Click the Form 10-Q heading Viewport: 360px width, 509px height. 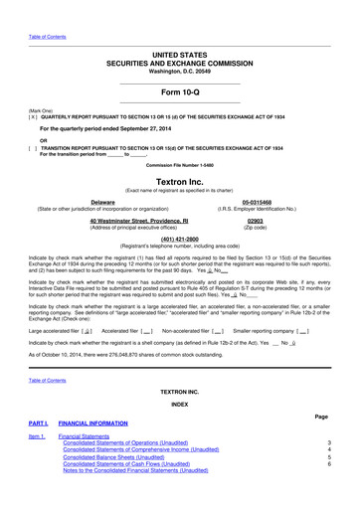[179, 87]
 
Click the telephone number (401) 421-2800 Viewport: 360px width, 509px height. [179, 239]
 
